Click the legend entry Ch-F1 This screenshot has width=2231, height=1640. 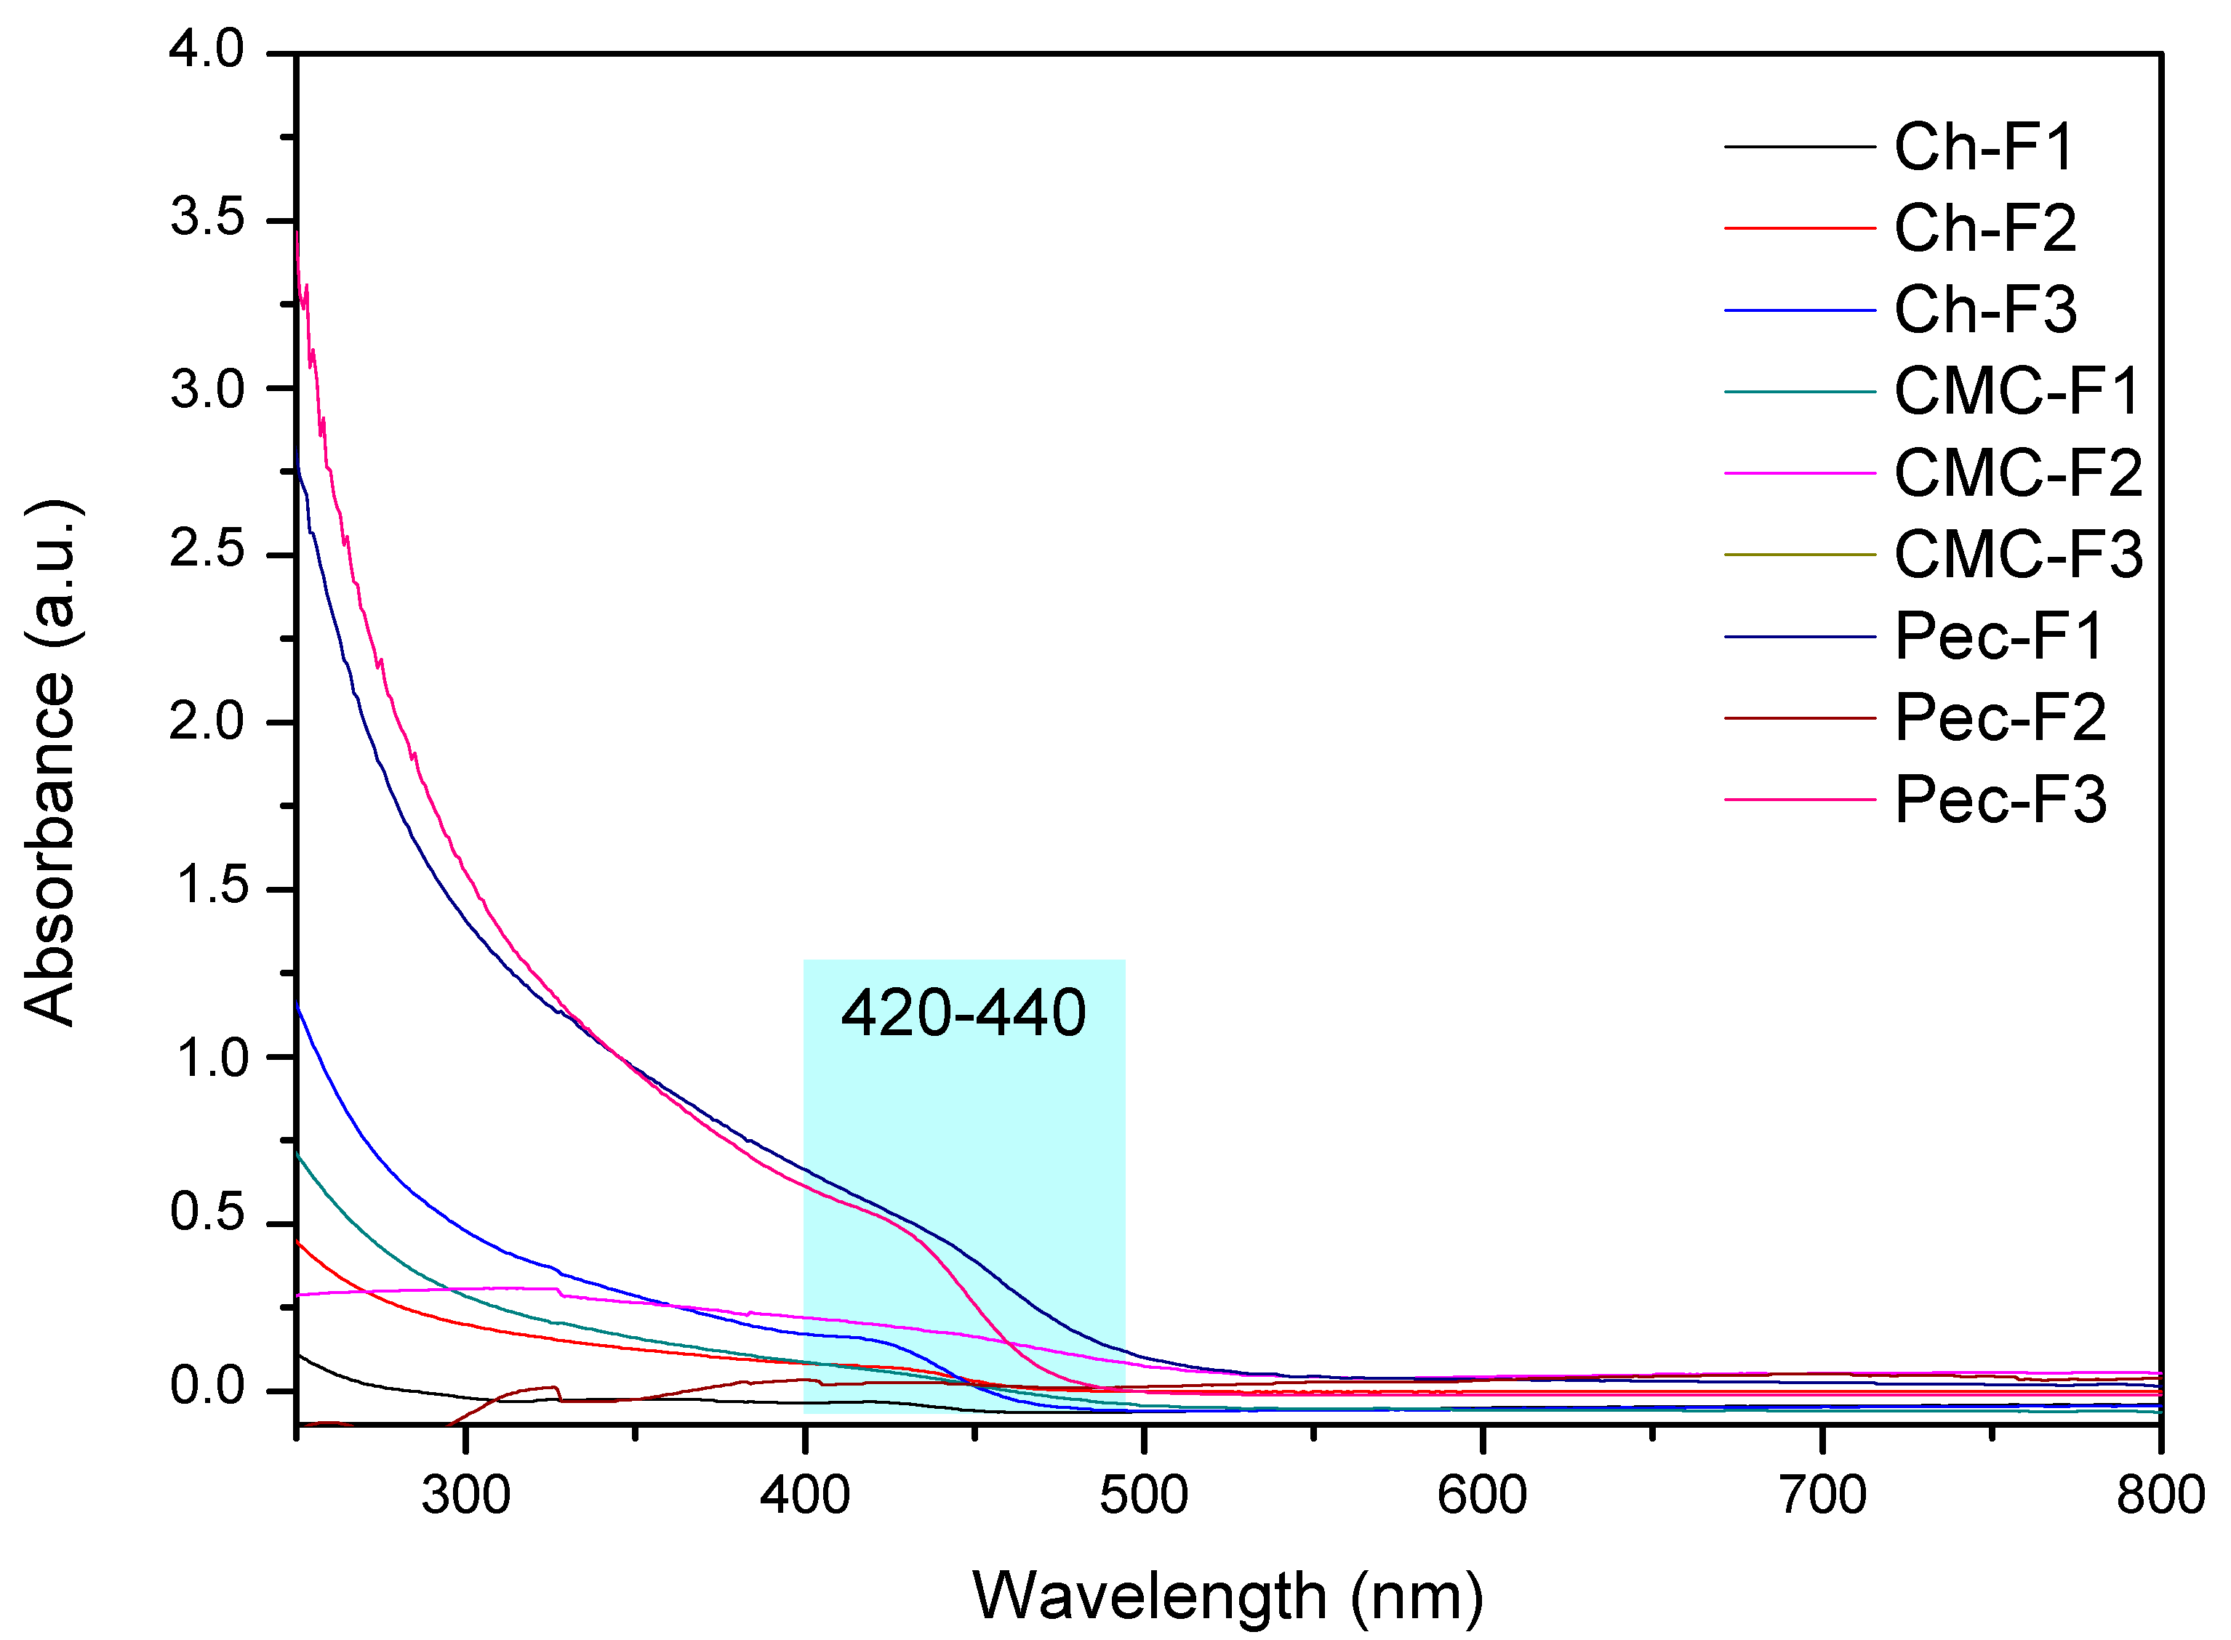coord(1983,148)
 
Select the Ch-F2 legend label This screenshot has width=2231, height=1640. coord(1984,229)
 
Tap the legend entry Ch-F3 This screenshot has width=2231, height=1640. coord(1984,310)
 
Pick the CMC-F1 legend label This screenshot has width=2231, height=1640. coord(2016,392)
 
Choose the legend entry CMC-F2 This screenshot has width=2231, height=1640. coord(2016,473)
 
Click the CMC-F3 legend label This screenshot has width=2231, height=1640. coord(2016,555)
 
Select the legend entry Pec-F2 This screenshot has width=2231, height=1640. coord(1999,717)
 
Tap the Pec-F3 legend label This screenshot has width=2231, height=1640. coord(1999,800)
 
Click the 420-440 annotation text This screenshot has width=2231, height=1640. coord(963,1013)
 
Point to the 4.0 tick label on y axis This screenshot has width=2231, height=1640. coord(207,49)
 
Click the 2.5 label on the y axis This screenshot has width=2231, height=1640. coord(207,551)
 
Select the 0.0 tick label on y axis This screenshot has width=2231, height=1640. coord(207,1388)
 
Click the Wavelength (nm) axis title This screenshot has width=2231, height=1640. coord(1227,1596)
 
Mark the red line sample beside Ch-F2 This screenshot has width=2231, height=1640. coord(1798,229)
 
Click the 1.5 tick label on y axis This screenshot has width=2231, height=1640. coord(207,885)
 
